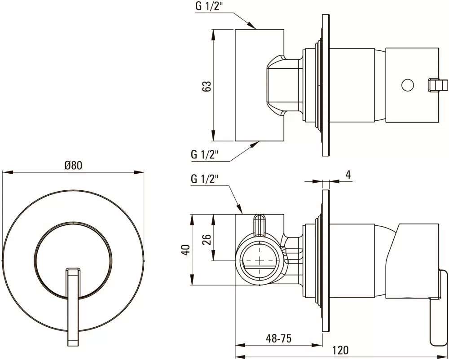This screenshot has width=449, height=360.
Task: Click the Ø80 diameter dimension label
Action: point(73,165)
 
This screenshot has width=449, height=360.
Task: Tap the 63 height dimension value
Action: point(207,86)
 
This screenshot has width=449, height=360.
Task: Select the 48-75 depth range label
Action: point(278,338)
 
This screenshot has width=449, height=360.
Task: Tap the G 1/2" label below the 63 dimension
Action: point(204,155)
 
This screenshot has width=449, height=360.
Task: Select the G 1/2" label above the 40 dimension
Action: point(204,179)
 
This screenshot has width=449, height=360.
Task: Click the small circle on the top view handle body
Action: point(407,85)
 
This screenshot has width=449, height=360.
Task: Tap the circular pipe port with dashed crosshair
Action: point(260,261)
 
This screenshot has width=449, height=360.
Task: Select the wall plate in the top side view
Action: point(326,85)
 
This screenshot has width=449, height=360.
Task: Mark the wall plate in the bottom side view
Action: point(326,260)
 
